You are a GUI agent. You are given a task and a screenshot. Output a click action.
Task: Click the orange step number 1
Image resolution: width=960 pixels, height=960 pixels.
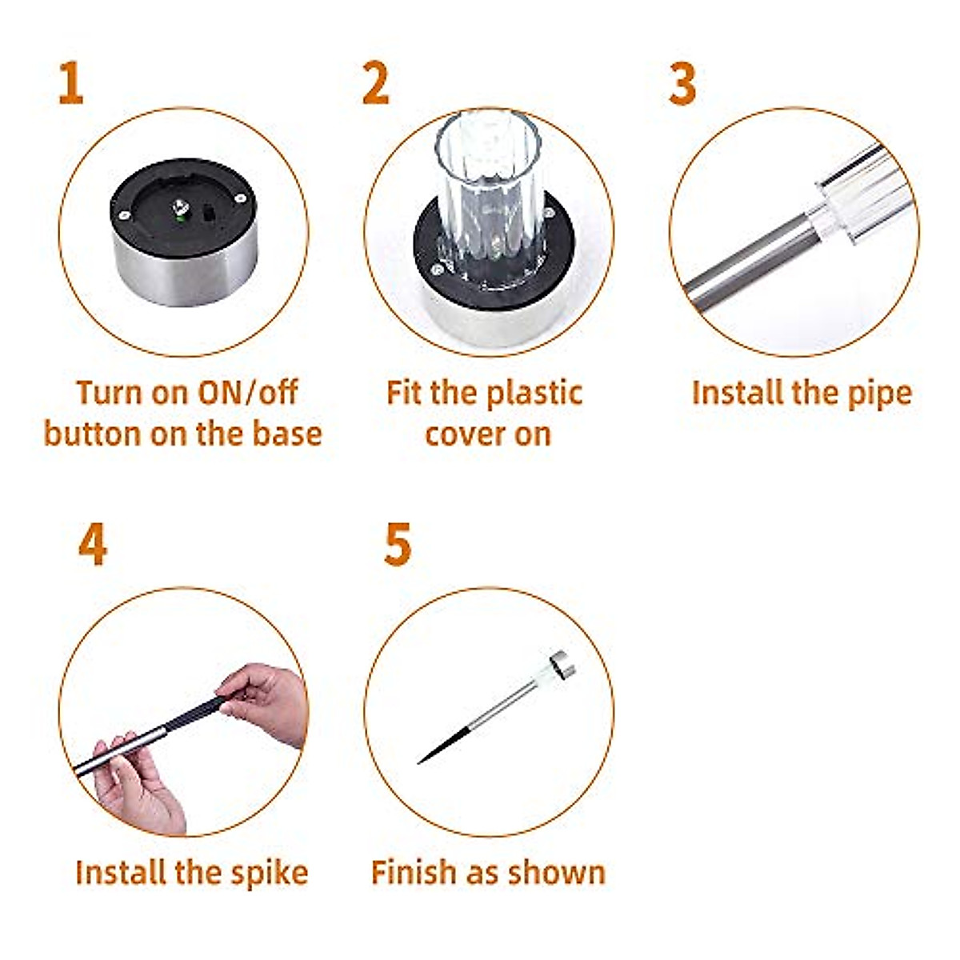tap(70, 84)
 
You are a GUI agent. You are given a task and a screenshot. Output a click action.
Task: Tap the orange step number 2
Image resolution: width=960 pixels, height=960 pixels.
tap(375, 84)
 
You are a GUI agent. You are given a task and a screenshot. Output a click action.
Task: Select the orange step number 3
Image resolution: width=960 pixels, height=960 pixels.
tap(682, 84)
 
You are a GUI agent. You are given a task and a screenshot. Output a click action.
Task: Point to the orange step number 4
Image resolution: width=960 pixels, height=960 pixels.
tap(93, 546)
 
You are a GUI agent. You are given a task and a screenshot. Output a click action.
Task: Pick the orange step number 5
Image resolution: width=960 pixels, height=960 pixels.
tap(398, 546)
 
